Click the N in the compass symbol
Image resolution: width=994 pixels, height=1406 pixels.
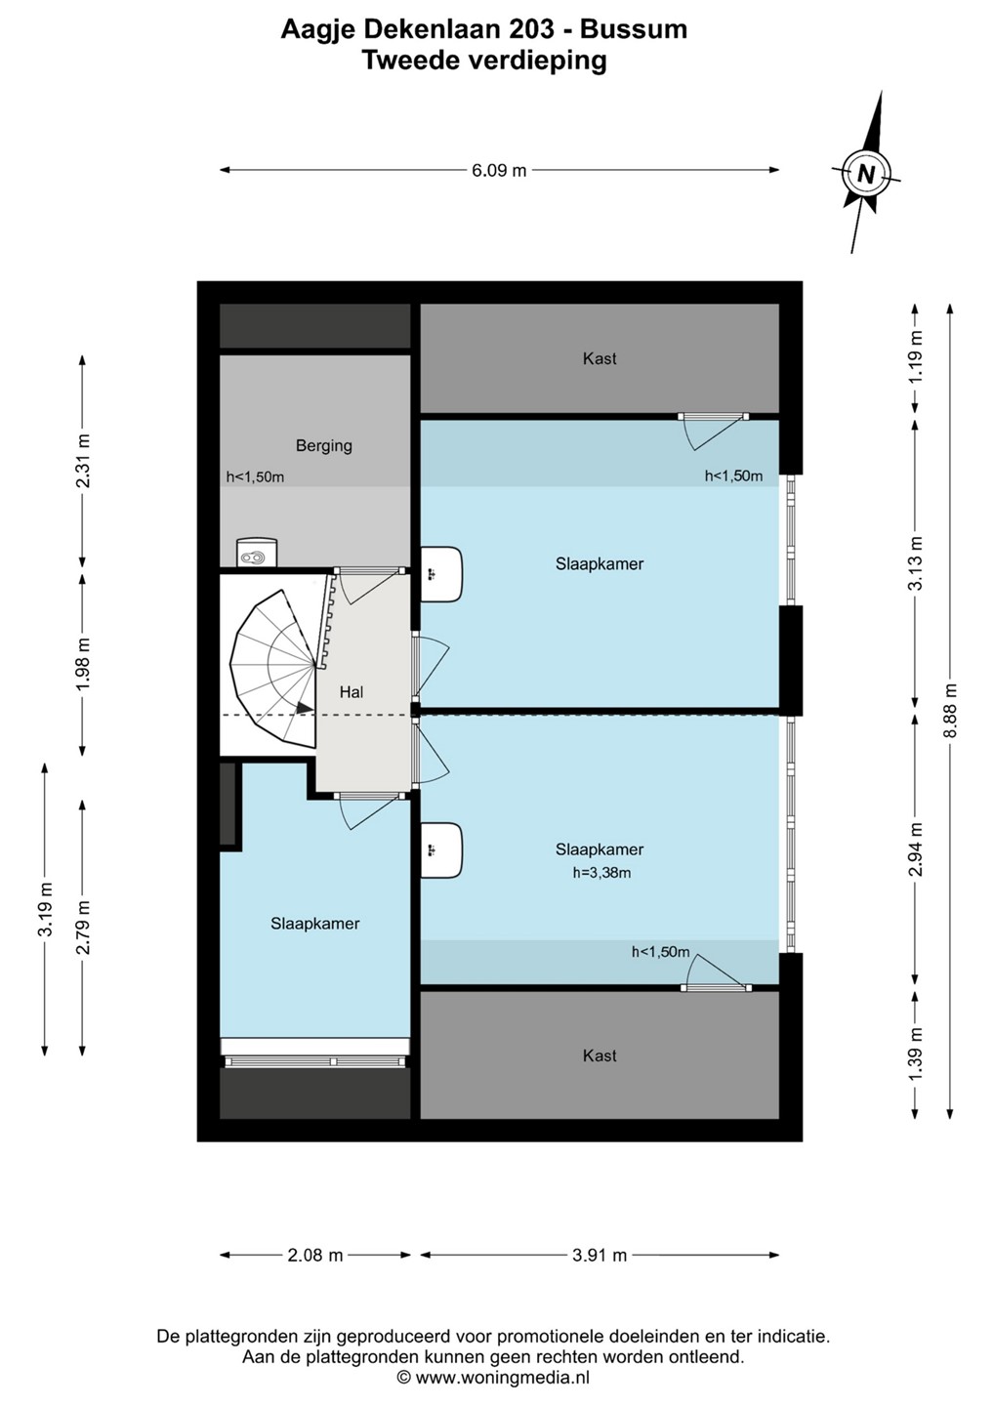(x=866, y=173)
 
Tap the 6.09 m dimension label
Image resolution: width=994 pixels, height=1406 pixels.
(x=499, y=170)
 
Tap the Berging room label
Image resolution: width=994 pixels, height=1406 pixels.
(x=324, y=445)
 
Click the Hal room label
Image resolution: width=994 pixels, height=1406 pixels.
(x=352, y=692)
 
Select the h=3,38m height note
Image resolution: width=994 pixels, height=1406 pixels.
(x=601, y=872)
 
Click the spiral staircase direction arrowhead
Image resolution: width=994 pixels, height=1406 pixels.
(x=305, y=707)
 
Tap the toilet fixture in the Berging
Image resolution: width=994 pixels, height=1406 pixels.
(x=257, y=553)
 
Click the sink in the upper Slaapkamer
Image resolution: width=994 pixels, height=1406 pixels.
(x=441, y=574)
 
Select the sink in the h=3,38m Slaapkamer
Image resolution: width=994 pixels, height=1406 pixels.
(x=441, y=850)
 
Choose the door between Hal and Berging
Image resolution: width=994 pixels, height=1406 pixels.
(x=368, y=585)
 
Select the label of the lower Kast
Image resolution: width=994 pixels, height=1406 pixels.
(x=600, y=1055)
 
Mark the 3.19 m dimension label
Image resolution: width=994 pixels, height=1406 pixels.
(x=45, y=909)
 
